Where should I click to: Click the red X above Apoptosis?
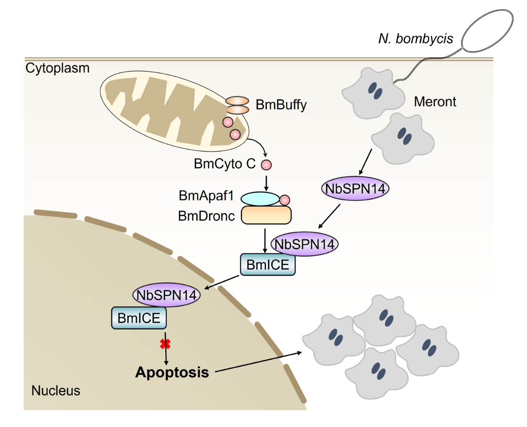pyautogui.click(x=165, y=344)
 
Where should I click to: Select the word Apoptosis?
pyautogui.click(x=172, y=372)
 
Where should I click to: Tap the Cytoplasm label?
pyautogui.click(x=58, y=68)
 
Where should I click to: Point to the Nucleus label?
pyautogui.click(x=55, y=390)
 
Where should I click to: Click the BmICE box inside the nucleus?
pyautogui.click(x=139, y=318)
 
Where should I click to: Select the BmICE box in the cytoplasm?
pyautogui.click(x=268, y=265)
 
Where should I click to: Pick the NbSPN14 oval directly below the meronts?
pyautogui.click(x=355, y=188)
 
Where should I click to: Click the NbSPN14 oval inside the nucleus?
pyautogui.click(x=166, y=295)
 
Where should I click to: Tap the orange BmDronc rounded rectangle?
pyautogui.click(x=266, y=215)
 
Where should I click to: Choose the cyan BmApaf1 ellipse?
pyautogui.click(x=260, y=199)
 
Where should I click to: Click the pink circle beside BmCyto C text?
pyautogui.click(x=266, y=165)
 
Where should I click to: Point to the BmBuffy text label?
pyautogui.click(x=281, y=104)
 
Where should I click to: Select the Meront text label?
pyautogui.click(x=435, y=102)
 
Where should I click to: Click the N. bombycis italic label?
pyautogui.click(x=416, y=39)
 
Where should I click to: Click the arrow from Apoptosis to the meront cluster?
pyautogui.click(x=258, y=362)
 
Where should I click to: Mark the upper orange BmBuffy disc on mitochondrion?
pyautogui.click(x=237, y=101)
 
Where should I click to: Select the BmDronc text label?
pyautogui.click(x=206, y=216)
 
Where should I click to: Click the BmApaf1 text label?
pyautogui.click(x=206, y=196)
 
